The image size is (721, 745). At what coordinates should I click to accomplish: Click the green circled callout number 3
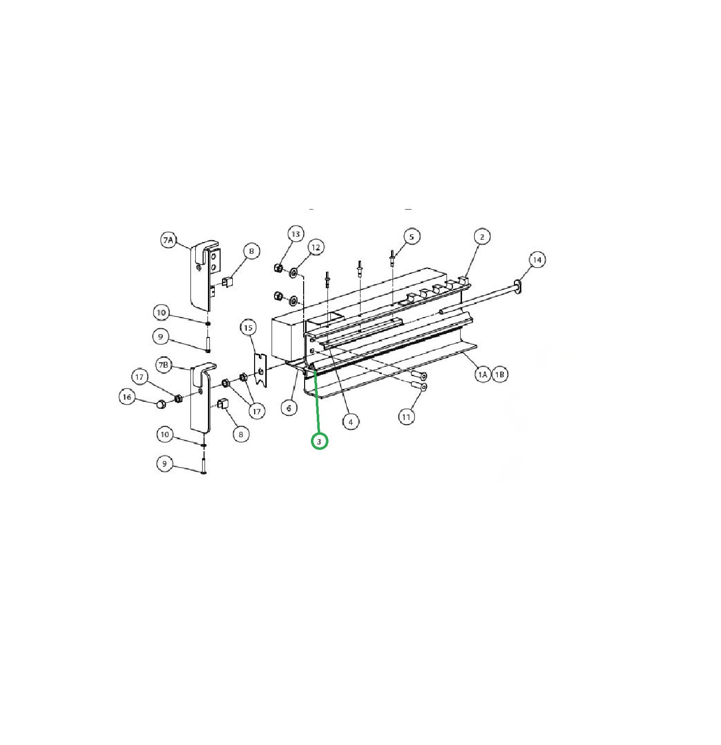pyautogui.click(x=319, y=442)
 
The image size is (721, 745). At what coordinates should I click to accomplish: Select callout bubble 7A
pyautogui.click(x=169, y=240)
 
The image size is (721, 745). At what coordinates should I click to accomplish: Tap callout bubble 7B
pyautogui.click(x=165, y=365)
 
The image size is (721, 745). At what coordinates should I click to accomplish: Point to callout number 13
pyautogui.click(x=295, y=234)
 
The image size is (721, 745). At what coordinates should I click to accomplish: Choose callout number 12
pyautogui.click(x=316, y=248)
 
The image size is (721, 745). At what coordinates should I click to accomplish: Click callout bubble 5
pyautogui.click(x=412, y=237)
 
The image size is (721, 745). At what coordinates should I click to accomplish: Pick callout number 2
pyautogui.click(x=482, y=237)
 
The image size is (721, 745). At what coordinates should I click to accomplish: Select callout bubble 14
pyautogui.click(x=537, y=260)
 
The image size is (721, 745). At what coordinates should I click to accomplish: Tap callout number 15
pyautogui.click(x=248, y=328)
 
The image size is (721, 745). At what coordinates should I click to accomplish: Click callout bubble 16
pyautogui.click(x=127, y=397)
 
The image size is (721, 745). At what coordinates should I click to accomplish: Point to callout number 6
pyautogui.click(x=289, y=408)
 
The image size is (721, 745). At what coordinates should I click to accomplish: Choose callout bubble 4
pyautogui.click(x=351, y=422)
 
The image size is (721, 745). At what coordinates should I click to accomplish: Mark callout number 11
pyautogui.click(x=407, y=417)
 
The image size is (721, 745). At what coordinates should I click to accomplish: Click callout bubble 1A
pyautogui.click(x=482, y=374)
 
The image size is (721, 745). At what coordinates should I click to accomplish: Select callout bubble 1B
pyautogui.click(x=500, y=374)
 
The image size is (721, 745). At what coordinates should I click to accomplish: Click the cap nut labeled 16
pyautogui.click(x=160, y=403)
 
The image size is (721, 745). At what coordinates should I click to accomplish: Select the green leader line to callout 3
pyautogui.click(x=317, y=404)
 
